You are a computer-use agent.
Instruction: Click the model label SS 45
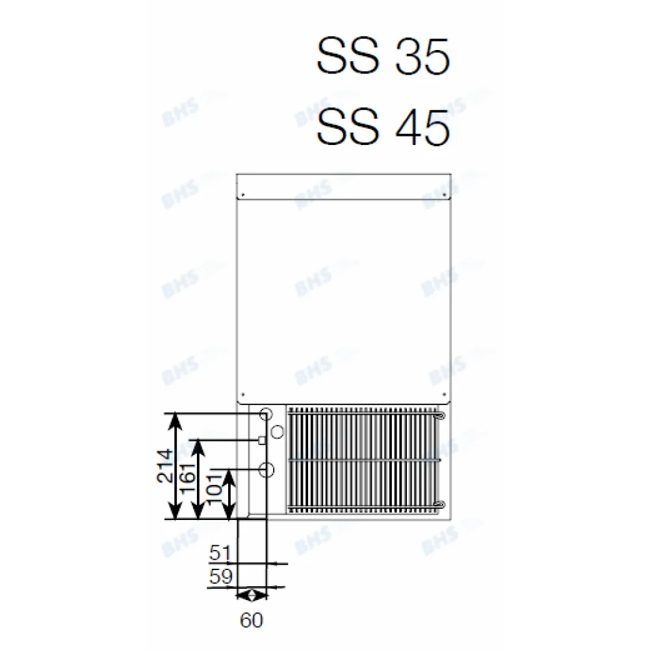click(x=383, y=127)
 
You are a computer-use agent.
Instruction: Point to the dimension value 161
click(x=189, y=479)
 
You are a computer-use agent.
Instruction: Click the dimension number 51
click(x=220, y=554)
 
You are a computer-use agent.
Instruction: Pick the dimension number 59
click(x=220, y=577)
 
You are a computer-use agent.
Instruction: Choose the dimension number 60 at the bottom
click(x=251, y=620)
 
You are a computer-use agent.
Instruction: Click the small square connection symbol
click(x=263, y=441)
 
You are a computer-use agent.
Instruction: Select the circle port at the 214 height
click(x=266, y=413)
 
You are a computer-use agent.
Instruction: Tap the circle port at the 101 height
click(x=266, y=468)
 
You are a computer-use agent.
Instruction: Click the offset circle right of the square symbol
click(x=277, y=430)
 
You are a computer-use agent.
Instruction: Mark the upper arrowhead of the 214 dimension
click(x=174, y=418)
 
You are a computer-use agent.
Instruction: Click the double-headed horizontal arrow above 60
click(x=251, y=595)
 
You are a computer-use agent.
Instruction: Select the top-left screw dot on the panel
click(x=242, y=195)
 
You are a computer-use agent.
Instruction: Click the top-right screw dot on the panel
click(x=443, y=195)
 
